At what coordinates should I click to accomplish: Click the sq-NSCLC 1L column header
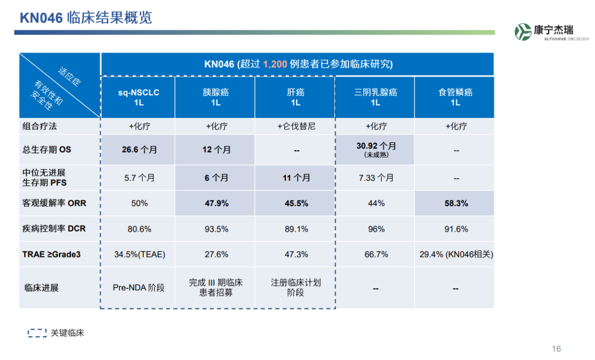(138, 97)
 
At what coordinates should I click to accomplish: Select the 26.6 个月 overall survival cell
(139, 149)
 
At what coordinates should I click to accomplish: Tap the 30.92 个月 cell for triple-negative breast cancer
(376, 149)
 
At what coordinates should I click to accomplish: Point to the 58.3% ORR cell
(456, 203)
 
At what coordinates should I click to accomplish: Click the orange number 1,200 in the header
(275, 64)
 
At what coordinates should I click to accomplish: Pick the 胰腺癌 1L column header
(216, 97)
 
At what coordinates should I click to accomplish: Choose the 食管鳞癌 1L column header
(456, 97)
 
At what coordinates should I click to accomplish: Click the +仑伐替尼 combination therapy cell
(296, 126)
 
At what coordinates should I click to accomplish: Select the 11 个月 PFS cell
(296, 178)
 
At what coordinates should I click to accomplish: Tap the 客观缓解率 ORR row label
(54, 203)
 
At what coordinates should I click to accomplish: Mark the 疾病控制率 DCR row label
(54, 229)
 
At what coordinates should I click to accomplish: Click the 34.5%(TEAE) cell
(139, 255)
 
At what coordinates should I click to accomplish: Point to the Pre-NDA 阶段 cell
(138, 288)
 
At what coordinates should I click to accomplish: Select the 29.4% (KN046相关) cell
(456, 255)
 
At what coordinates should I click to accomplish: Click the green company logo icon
(523, 32)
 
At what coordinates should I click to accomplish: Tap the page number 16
(556, 348)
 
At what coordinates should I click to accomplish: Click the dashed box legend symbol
(37, 333)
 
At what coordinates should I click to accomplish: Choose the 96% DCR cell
(376, 229)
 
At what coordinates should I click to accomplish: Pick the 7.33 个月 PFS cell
(376, 178)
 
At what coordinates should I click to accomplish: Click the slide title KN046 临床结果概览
(86, 18)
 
